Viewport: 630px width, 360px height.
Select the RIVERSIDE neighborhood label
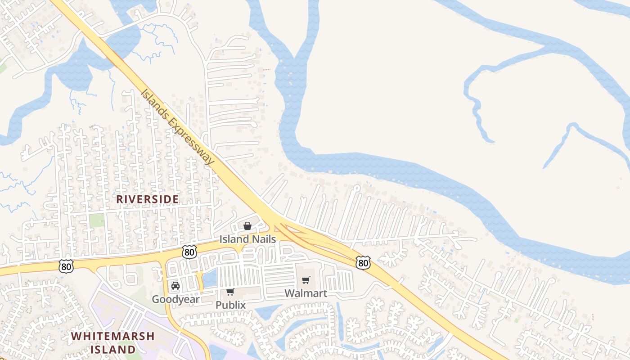tap(148, 199)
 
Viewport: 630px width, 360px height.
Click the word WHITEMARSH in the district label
tap(112, 336)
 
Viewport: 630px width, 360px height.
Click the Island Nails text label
tap(247, 239)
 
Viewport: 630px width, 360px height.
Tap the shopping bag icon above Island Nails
tap(247, 226)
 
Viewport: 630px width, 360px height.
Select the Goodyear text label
tap(175, 299)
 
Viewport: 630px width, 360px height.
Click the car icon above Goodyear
tap(175, 286)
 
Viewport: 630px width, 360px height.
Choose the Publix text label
tap(230, 305)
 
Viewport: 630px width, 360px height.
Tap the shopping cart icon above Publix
tap(230, 292)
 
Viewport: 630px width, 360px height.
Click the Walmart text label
tap(306, 293)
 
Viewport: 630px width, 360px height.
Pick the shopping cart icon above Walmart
tap(306, 280)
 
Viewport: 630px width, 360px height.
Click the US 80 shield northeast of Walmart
tap(363, 262)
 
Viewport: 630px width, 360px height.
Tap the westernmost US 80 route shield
tap(66, 266)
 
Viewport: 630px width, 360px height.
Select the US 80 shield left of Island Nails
tap(189, 252)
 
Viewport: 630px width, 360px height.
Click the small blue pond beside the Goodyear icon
tap(210, 279)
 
